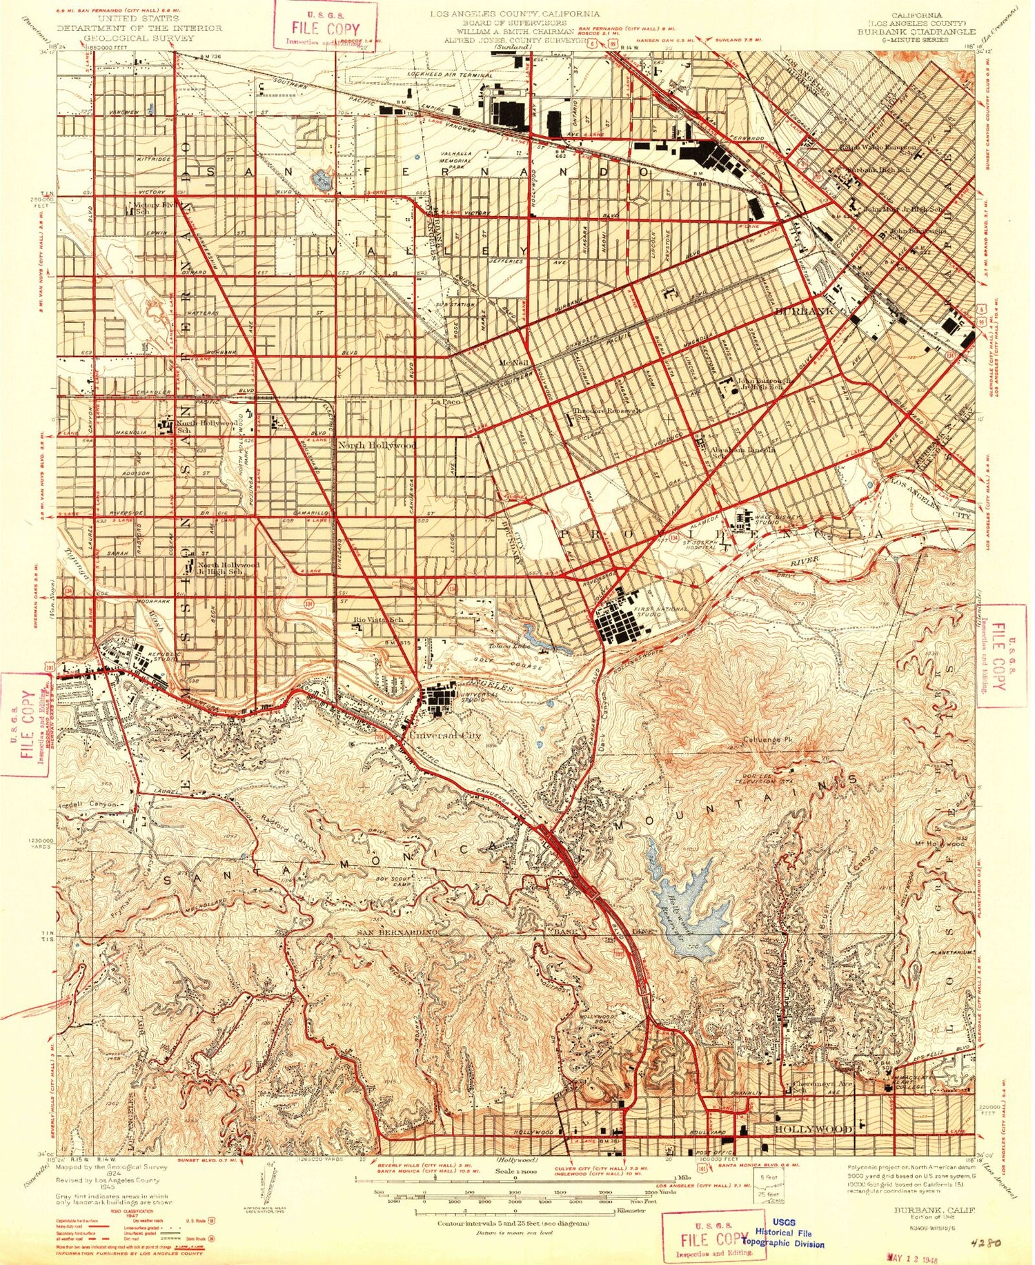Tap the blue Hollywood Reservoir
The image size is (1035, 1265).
click(x=690, y=897)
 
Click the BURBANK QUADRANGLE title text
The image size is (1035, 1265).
click(x=916, y=32)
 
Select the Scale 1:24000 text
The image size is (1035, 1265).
click(x=515, y=1172)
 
